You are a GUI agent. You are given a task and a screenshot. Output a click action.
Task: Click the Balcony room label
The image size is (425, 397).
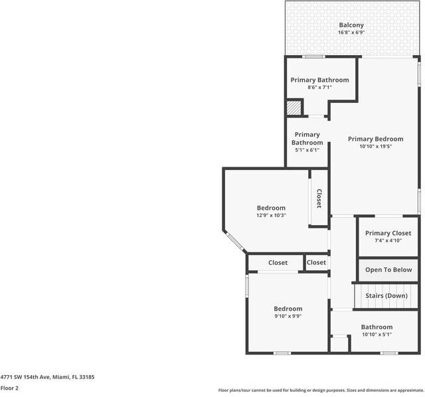coord(351,25)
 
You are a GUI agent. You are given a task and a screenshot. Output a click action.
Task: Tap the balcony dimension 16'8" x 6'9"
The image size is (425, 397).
coord(351,33)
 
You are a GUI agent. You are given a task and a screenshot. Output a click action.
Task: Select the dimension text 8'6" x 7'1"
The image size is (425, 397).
coord(319,87)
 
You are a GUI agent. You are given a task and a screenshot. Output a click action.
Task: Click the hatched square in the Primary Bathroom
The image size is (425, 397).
coord(294,108)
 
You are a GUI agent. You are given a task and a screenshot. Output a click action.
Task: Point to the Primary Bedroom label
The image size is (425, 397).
coord(376,139)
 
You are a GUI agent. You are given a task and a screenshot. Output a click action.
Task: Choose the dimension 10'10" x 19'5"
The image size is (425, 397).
coord(376,146)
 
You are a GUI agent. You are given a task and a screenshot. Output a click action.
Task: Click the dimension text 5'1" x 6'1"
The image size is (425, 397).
coord(307,150)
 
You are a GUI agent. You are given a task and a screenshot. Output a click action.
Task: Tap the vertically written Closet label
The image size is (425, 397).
coord(319,198)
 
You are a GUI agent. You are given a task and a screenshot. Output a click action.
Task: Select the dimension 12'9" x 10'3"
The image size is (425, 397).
coord(271,215)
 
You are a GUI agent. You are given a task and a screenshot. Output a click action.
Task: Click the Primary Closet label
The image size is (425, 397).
coord(388,233)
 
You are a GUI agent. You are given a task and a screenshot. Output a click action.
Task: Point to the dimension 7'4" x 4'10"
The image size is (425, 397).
coord(388,240)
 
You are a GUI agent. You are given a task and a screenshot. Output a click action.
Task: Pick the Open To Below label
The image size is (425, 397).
coord(388,270)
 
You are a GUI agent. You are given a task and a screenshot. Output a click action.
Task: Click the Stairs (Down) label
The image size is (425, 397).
coord(386,295)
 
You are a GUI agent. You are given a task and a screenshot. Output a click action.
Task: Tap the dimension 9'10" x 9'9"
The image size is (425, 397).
coord(288,316)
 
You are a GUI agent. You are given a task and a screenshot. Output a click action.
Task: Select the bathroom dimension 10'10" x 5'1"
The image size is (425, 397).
coord(377,334)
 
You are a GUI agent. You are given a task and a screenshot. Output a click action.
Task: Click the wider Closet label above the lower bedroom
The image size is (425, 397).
coord(278,263)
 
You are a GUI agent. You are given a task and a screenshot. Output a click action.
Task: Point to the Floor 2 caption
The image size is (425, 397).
coord(9,388)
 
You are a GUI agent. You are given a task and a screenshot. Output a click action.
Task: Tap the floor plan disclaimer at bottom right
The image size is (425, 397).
coord(321,390)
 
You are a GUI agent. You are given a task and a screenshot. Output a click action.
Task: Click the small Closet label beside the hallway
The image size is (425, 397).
coord(316,263)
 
